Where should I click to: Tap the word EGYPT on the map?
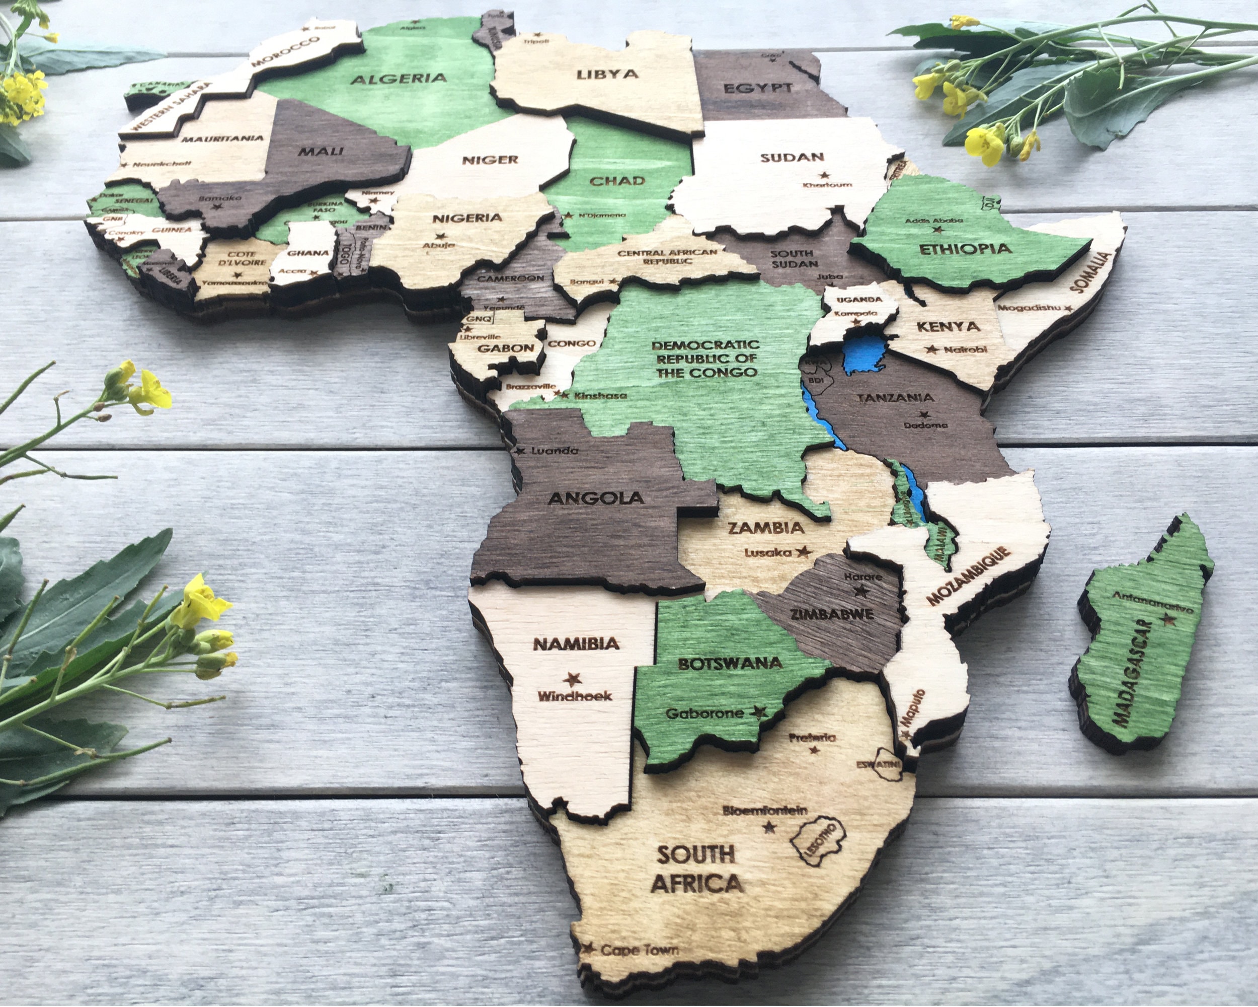click(x=757, y=89)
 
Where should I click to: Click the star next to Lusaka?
click(x=804, y=551)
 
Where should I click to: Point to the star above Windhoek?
click(x=572, y=679)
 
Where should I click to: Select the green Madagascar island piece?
click(x=1141, y=636)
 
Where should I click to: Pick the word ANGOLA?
click(x=596, y=498)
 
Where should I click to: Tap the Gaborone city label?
click(x=705, y=713)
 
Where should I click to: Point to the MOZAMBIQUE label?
click(x=968, y=576)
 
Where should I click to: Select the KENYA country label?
click(x=948, y=326)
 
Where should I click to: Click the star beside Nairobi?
click(x=932, y=349)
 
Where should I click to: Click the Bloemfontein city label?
click(x=765, y=810)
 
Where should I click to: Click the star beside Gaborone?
click(x=758, y=711)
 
